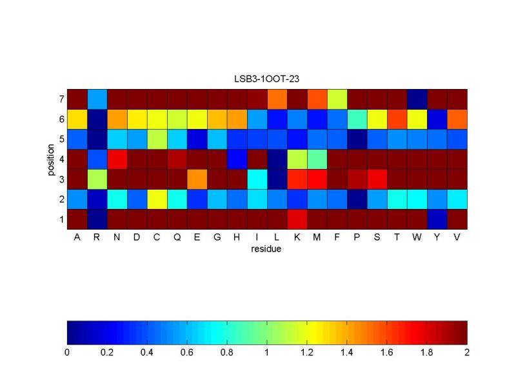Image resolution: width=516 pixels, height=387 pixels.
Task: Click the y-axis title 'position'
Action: point(50,159)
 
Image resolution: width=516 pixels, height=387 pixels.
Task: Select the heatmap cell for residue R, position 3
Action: point(97,179)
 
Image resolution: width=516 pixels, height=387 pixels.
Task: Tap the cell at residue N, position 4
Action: point(117,159)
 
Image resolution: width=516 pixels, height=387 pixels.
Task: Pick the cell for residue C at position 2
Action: point(157,199)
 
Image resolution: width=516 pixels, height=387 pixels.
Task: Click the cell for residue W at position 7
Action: point(417,99)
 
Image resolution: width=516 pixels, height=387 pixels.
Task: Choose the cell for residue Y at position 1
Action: point(437,219)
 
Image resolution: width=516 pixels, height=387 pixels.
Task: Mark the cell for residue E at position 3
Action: point(197,179)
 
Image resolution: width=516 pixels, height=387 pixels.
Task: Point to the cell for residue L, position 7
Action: point(277,99)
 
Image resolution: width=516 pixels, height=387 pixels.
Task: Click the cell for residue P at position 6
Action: point(357,119)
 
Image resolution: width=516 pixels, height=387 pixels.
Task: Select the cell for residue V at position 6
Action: point(457,119)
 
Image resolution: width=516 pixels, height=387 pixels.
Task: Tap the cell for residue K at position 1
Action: point(297,219)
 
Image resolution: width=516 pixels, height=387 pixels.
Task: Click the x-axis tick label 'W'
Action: point(417,237)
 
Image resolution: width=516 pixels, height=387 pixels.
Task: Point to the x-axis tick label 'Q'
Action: point(177,237)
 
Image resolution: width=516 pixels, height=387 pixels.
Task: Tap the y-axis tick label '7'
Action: point(61,99)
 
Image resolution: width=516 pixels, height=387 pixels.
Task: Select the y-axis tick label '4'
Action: point(61,159)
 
